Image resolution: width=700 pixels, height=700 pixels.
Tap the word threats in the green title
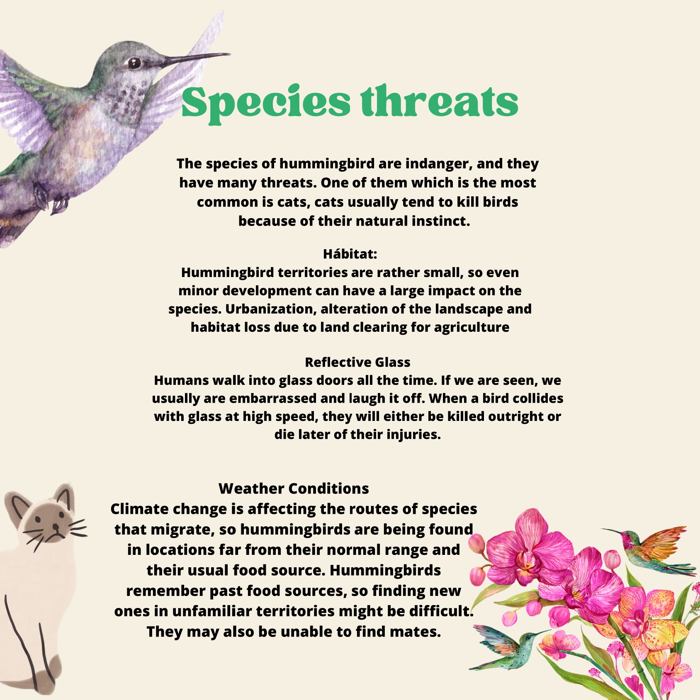point(440,101)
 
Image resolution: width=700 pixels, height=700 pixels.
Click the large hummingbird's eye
point(134,63)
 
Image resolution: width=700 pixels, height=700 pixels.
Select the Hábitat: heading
point(350,253)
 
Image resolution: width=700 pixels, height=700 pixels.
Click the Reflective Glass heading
point(357,362)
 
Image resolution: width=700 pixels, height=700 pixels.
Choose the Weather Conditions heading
point(294,489)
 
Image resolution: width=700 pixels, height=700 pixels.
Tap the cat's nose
point(56,527)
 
